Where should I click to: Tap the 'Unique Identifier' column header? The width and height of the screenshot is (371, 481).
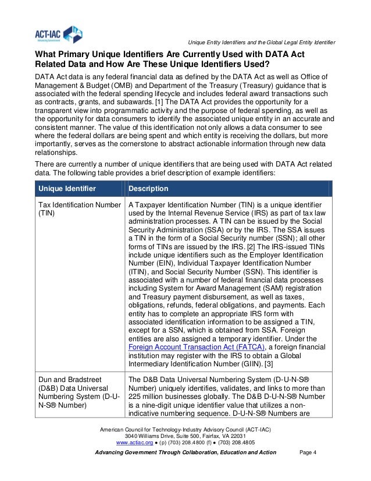point(67,189)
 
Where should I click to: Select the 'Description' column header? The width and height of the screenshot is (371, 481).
point(148,189)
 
